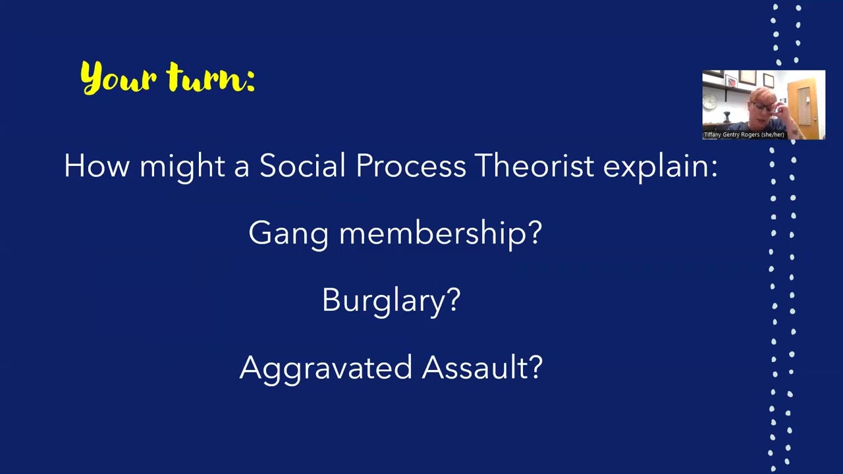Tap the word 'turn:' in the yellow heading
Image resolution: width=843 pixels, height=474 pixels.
click(x=211, y=78)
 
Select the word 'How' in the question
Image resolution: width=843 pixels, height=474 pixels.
click(x=96, y=165)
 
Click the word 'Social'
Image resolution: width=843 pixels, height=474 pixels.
click(x=302, y=165)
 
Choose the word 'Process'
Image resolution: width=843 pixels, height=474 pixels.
click(x=410, y=165)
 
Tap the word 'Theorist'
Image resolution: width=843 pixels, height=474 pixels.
click(x=534, y=165)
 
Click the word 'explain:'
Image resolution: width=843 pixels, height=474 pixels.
click(x=660, y=165)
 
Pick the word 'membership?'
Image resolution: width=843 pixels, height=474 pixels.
click(x=441, y=232)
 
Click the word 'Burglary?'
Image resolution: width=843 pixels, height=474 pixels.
click(x=391, y=300)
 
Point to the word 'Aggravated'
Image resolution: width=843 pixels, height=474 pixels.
click(x=325, y=367)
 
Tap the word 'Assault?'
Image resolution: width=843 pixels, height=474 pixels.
click(x=482, y=367)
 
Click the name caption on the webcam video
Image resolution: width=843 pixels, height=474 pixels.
click(x=744, y=135)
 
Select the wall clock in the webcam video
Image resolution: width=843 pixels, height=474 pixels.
click(x=710, y=101)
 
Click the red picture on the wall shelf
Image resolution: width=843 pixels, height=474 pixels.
click(x=730, y=82)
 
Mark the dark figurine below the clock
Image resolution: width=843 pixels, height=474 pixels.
click(x=726, y=118)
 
